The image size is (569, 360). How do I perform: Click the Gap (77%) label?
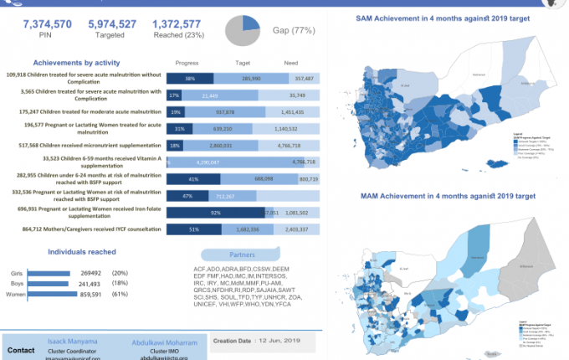(293, 31)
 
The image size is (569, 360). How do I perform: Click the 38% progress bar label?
(190, 78)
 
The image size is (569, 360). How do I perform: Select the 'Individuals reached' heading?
(82, 251)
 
